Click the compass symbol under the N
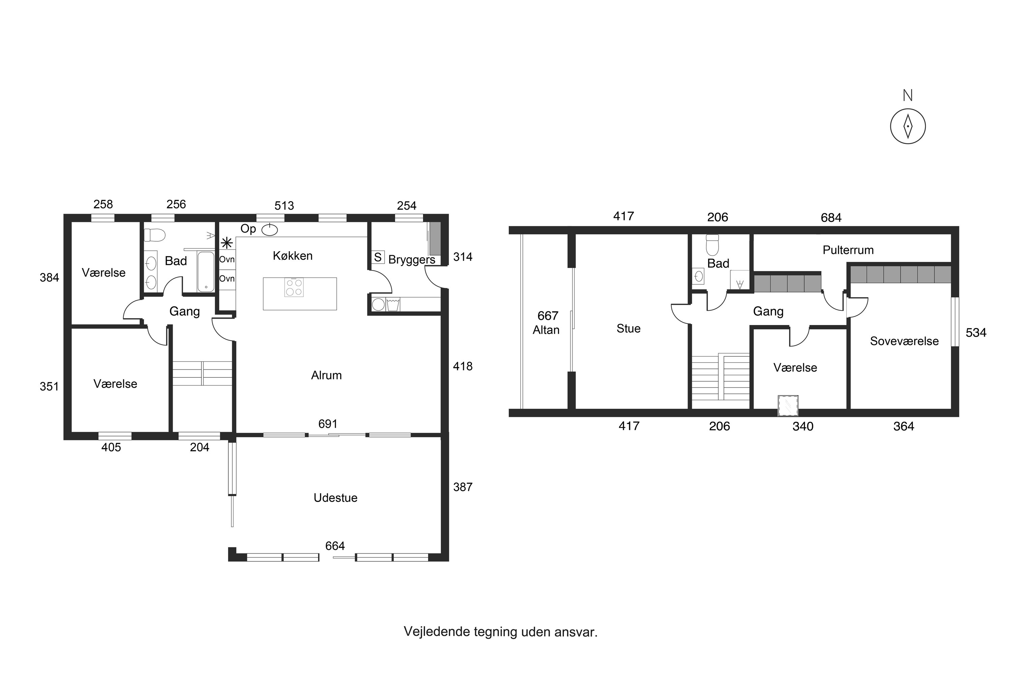click(x=907, y=126)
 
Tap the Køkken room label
click(x=292, y=256)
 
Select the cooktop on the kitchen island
click(x=294, y=288)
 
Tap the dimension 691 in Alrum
click(x=328, y=424)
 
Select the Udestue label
click(x=335, y=498)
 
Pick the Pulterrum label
click(x=848, y=250)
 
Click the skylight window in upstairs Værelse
click(x=788, y=406)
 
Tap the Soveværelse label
click(x=904, y=341)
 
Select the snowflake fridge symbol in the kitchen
click(x=227, y=243)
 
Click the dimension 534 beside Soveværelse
click(x=976, y=333)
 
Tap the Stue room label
click(x=628, y=329)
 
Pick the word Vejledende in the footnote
click(x=437, y=632)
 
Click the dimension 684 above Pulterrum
click(x=831, y=218)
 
